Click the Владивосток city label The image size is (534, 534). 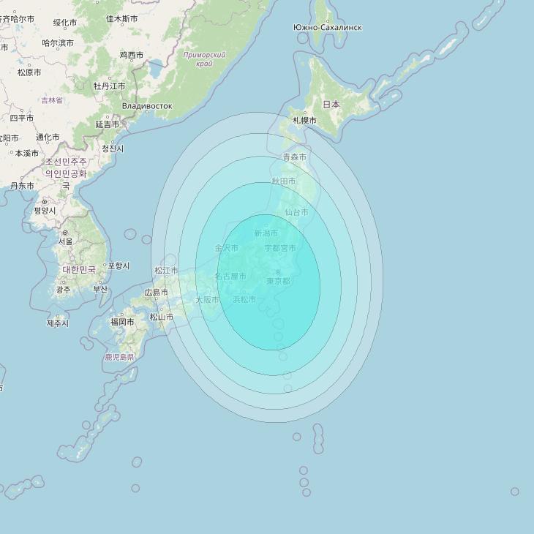click(147, 106)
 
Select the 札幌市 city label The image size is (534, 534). click(304, 120)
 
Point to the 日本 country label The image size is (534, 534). click(331, 105)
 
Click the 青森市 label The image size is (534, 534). click(295, 157)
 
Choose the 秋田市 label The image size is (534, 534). click(284, 181)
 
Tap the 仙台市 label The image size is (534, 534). click(296, 212)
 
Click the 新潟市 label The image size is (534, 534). click(266, 233)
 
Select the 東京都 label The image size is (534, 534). click(278, 281)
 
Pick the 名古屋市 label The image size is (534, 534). click(230, 277)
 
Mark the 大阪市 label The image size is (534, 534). click(207, 300)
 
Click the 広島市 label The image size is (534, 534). click(157, 293)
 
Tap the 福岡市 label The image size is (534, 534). click(122, 322)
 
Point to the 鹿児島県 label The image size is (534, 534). click(120, 358)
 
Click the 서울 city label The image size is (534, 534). click(66, 241)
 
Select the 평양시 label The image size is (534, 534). click(45, 211)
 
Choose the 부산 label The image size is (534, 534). click(100, 289)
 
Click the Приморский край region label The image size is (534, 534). click(205, 59)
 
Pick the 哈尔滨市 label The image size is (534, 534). click(58, 43)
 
